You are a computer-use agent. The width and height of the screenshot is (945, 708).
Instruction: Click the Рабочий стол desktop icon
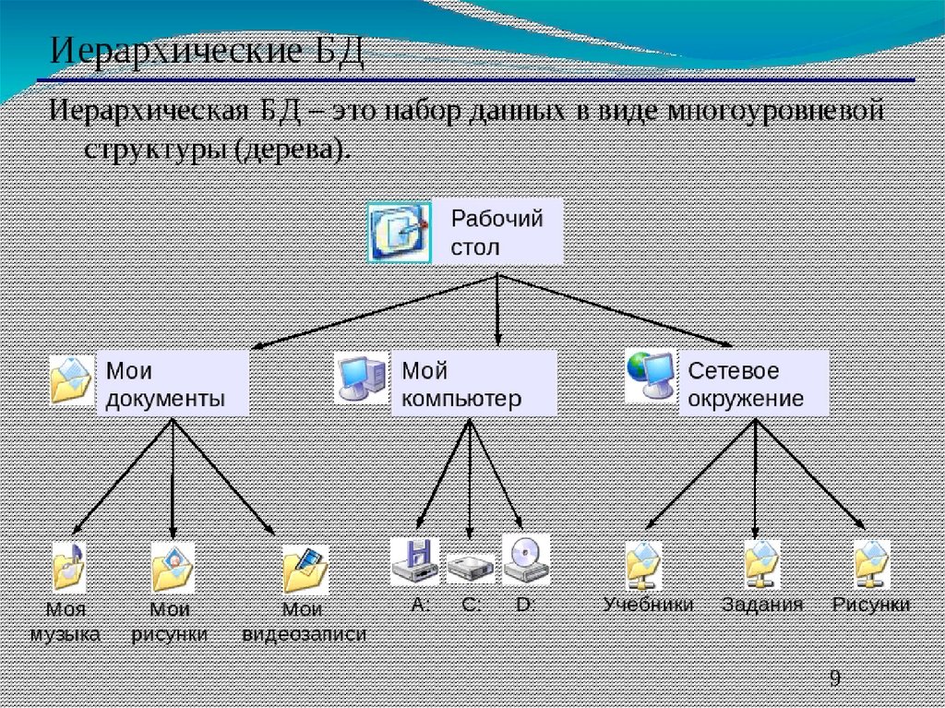tap(399, 231)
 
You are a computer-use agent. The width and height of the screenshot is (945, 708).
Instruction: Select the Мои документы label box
tap(173, 384)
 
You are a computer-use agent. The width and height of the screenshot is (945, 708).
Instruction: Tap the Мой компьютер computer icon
tap(361, 378)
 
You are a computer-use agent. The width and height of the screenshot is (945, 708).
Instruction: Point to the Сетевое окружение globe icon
tap(651, 376)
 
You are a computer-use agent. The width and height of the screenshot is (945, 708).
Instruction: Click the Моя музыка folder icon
tap(69, 567)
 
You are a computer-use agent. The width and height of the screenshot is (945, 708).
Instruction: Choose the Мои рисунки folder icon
tap(172, 567)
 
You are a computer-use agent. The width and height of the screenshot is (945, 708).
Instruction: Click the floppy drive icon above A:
tap(415, 559)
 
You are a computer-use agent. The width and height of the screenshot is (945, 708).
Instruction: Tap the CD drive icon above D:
tap(525, 558)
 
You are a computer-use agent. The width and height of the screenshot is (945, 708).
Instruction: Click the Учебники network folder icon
tap(643, 565)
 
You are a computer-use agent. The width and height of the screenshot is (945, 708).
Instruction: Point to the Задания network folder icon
tap(762, 564)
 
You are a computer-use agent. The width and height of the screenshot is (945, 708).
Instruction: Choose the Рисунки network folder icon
tap(871, 564)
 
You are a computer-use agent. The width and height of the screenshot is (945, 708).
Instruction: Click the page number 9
tap(834, 678)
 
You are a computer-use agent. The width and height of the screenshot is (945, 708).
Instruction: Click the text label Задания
tap(762, 605)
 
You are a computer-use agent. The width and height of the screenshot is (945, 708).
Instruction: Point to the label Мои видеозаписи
tap(304, 622)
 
